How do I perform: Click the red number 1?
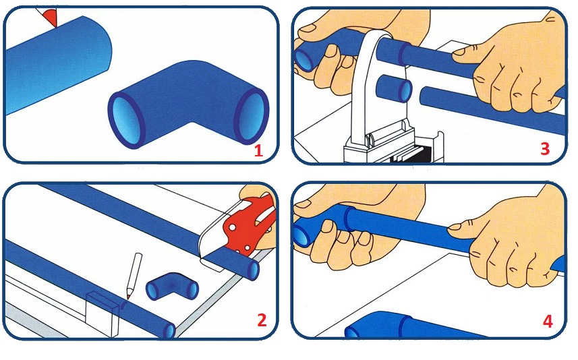pos(258,150)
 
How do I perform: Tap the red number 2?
pos(262,320)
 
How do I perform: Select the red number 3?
pos(545,149)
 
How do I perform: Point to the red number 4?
pos(548,322)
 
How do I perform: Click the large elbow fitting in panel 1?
pos(189,104)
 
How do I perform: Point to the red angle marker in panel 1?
pos(50,17)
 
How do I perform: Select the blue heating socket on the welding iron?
pos(395,88)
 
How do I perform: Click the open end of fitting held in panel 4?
pos(303,234)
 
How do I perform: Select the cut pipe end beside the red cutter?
pos(254,270)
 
